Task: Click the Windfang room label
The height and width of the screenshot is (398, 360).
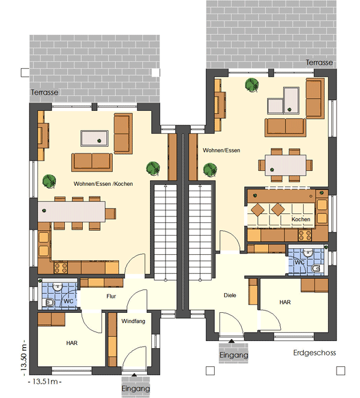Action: tap(133, 321)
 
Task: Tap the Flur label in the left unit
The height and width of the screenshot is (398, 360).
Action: tap(111, 296)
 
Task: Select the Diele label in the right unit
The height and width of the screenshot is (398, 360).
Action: tap(230, 295)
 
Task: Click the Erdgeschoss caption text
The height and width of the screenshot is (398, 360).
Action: tap(314, 353)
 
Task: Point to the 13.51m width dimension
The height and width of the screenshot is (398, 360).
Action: tap(45, 381)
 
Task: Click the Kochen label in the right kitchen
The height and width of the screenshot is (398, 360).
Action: tap(301, 219)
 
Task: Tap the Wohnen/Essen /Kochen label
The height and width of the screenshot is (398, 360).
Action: tap(103, 184)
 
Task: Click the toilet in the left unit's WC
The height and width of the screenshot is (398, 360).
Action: tap(49, 302)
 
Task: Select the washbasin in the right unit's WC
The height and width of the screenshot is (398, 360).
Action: tap(308, 252)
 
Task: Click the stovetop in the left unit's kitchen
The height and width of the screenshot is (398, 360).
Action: tap(61, 267)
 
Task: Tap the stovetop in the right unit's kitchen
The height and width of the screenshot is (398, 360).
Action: tap(305, 235)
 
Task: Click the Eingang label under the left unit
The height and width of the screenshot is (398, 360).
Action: tap(136, 388)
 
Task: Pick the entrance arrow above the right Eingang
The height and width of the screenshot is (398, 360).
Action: tap(232, 341)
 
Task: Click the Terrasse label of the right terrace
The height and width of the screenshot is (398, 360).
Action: tap(319, 62)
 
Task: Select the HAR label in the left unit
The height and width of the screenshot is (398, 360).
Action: tap(72, 343)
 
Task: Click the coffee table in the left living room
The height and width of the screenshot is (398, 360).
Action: tap(95, 138)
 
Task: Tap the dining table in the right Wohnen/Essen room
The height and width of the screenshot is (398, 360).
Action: tap(286, 165)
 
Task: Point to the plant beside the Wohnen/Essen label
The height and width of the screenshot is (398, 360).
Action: tap(210, 170)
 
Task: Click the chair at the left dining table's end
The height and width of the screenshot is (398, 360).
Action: tap(110, 213)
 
